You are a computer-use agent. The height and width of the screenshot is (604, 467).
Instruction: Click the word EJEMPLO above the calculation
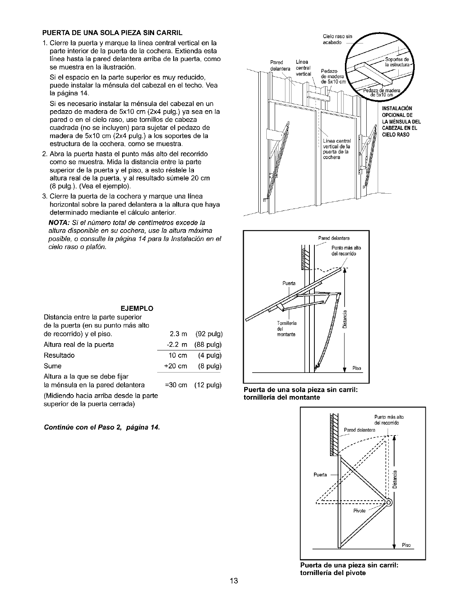[138, 308]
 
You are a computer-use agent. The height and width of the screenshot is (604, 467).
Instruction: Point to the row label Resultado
[60, 355]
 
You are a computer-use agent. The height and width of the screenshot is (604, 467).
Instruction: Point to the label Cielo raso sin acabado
[337, 40]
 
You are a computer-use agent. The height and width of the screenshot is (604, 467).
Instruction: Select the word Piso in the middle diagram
[357, 368]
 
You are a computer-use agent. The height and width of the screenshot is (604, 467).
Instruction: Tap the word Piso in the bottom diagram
[406, 545]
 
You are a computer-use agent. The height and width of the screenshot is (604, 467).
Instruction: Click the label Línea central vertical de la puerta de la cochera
[337, 149]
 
